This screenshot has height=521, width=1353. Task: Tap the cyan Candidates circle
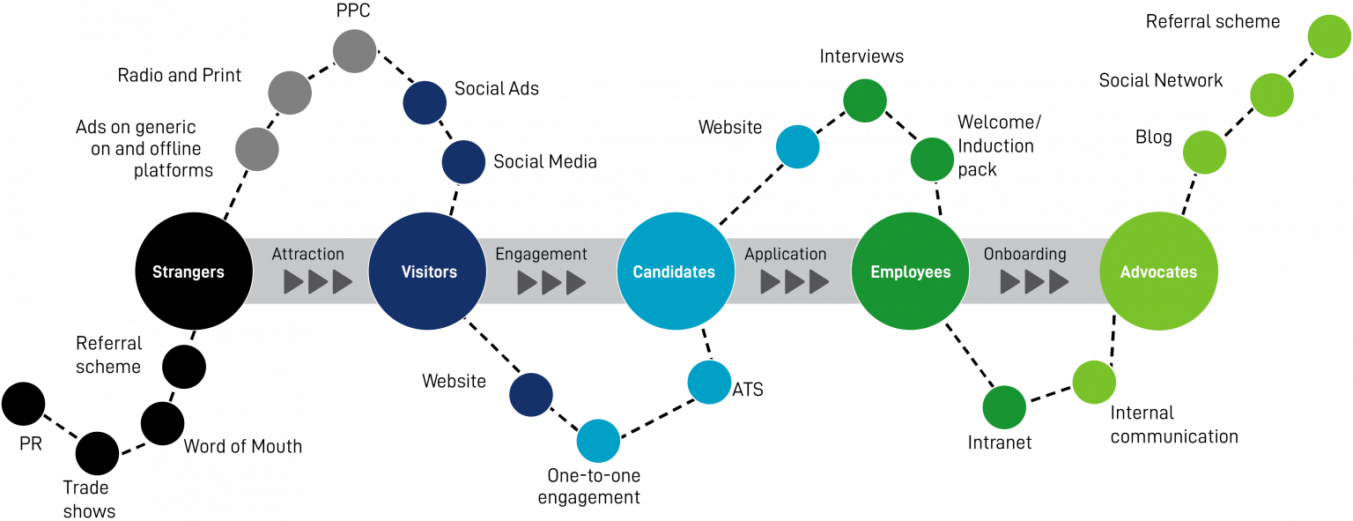pyautogui.click(x=676, y=272)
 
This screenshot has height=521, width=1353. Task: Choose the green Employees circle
pyautogui.click(x=910, y=272)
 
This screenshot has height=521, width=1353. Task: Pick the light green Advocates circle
pyautogui.click(x=1159, y=272)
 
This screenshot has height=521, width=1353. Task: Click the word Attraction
pyautogui.click(x=307, y=254)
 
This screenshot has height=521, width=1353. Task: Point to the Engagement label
pyautogui.click(x=541, y=254)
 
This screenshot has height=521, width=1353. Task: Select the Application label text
pyautogui.click(x=785, y=254)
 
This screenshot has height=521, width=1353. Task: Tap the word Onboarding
pyautogui.click(x=1024, y=254)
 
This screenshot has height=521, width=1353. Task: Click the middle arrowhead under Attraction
pyautogui.click(x=318, y=282)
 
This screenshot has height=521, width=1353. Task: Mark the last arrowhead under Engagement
pyautogui.click(x=576, y=282)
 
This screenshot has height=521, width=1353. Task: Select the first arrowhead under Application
pyautogui.click(x=771, y=282)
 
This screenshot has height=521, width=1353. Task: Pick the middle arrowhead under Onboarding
pyautogui.click(x=1034, y=282)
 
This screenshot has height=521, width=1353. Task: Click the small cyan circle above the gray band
pyautogui.click(x=798, y=146)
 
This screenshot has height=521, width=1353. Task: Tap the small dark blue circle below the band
pyautogui.click(x=531, y=395)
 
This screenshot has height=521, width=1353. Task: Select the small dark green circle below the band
pyautogui.click(x=1004, y=407)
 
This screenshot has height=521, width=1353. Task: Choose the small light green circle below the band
pyautogui.click(x=1094, y=383)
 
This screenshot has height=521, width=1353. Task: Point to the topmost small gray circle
pyautogui.click(x=355, y=51)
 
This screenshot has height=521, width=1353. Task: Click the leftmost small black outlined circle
pyautogui.click(x=23, y=404)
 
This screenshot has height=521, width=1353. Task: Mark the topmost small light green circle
pyautogui.click(x=1328, y=36)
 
